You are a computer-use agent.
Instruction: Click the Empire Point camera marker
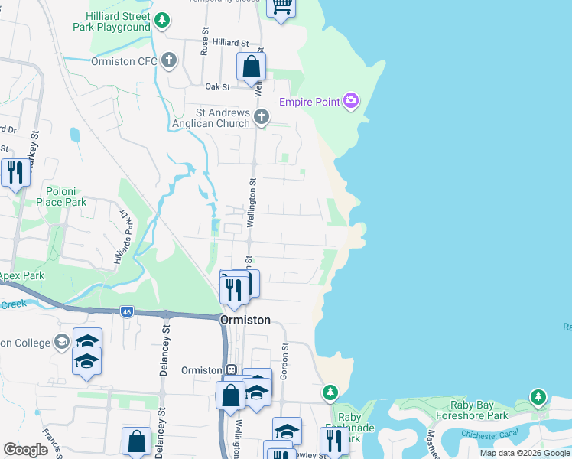point(351,101)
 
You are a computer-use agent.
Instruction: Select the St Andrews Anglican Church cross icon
point(262,117)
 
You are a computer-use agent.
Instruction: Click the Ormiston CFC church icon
point(169,60)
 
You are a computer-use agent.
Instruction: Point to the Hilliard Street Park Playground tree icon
point(161,21)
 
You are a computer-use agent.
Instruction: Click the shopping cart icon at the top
point(281,7)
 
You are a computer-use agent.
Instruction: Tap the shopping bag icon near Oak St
point(251,68)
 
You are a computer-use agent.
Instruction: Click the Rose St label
point(205,41)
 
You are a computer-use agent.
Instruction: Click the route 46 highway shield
point(125,312)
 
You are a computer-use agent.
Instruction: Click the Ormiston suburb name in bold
point(245,321)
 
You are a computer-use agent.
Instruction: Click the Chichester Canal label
point(491,434)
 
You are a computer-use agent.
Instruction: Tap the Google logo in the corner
point(26,450)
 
